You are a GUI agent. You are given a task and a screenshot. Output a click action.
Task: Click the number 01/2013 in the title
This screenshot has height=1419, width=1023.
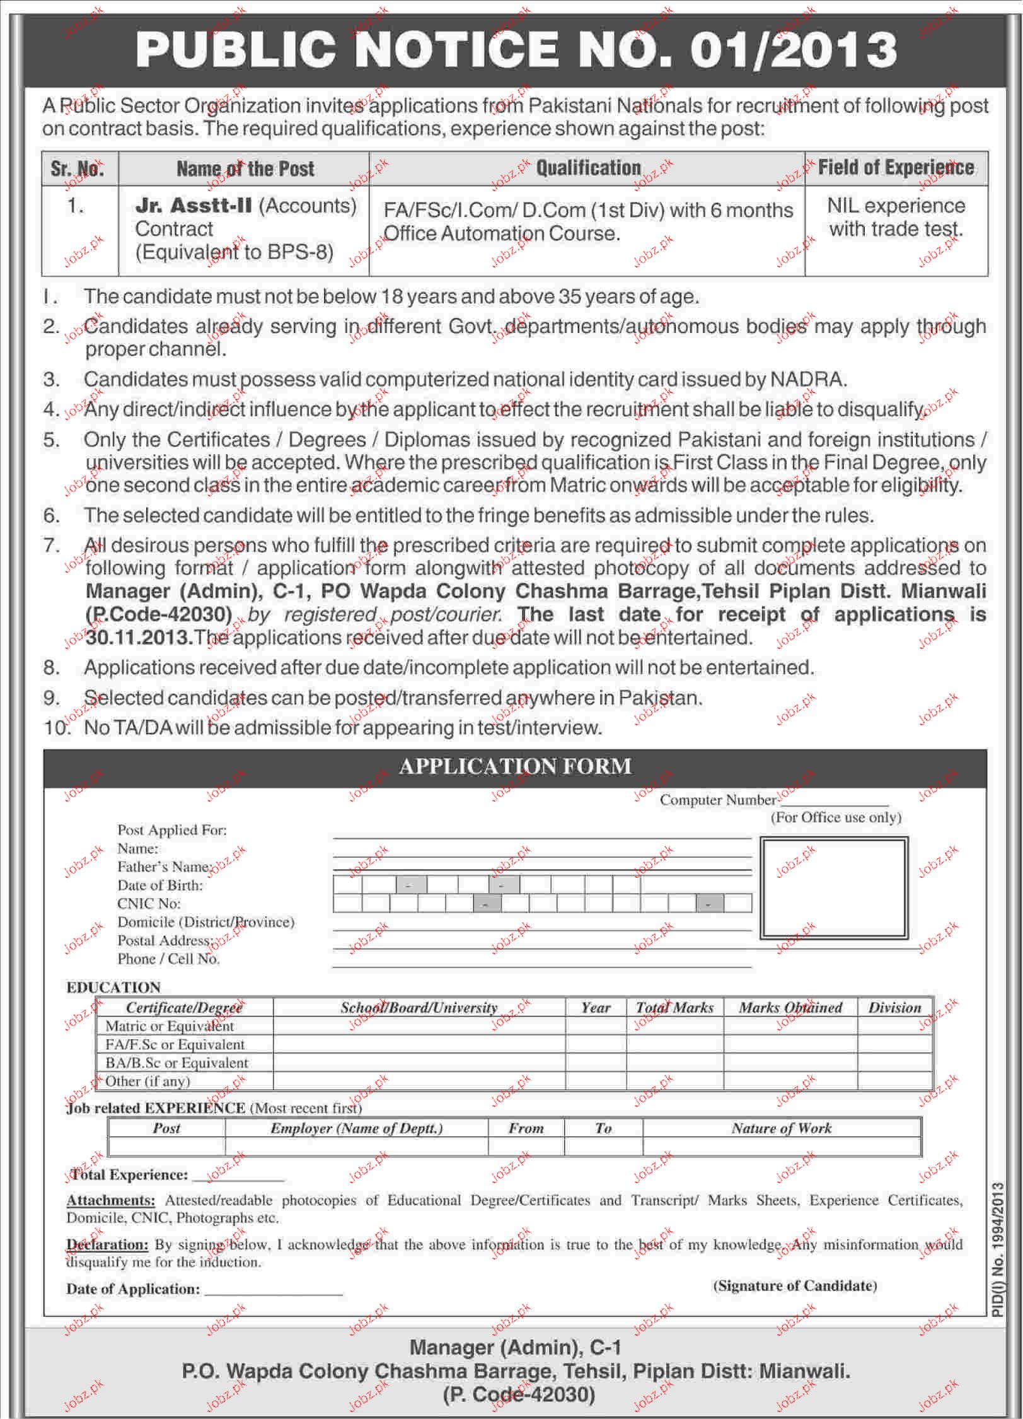[x=793, y=50]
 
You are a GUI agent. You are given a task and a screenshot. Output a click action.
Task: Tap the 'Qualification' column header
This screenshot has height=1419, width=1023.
[x=588, y=168]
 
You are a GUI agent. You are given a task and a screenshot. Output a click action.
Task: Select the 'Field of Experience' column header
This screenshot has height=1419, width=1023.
[x=896, y=168]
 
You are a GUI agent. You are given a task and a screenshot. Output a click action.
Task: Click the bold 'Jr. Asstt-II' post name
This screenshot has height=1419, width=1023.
[x=194, y=206]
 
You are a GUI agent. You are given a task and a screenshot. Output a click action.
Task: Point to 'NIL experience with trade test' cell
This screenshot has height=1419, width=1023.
[x=896, y=217]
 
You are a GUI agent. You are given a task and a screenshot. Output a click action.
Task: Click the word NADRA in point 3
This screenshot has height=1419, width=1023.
[x=807, y=380]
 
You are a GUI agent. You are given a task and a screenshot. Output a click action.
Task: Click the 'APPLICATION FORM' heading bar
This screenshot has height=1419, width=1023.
[x=515, y=766]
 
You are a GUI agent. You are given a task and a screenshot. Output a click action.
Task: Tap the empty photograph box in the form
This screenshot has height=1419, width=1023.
[x=834, y=888]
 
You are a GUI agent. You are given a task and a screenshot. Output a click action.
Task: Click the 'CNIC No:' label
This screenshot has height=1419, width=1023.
[x=149, y=904]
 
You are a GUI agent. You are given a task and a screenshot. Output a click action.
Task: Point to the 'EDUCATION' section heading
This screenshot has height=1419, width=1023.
[x=113, y=988]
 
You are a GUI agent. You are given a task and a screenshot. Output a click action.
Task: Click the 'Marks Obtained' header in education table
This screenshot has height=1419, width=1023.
[x=790, y=1008]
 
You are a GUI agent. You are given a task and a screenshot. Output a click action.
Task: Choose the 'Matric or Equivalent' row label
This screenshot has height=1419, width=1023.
[x=169, y=1026]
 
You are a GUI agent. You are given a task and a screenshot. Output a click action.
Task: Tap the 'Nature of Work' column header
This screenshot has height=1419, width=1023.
[x=782, y=1128]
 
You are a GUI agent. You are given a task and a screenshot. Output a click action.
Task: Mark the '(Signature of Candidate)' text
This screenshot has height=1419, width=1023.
[x=795, y=1286]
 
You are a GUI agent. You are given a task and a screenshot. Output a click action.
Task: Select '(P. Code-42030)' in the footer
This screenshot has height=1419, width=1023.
[x=518, y=1394]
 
